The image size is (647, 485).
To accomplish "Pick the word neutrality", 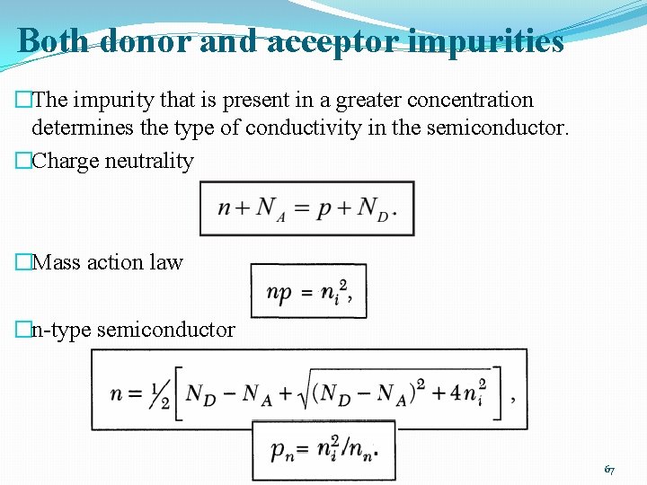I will (x=149, y=161).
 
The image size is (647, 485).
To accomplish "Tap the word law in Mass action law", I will (x=167, y=262).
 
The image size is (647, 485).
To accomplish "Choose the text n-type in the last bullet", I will (x=60, y=330).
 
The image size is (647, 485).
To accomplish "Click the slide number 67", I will (x=609, y=469).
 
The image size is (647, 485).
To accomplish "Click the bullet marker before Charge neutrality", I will (x=23, y=162).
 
